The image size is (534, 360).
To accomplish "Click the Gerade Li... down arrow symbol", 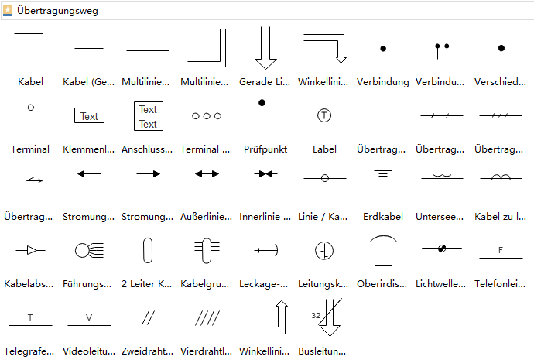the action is pyautogui.click(x=266, y=48).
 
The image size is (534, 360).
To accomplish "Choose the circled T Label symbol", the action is pyautogui.click(x=324, y=115).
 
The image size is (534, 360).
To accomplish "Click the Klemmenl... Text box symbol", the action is pyautogui.click(x=90, y=116).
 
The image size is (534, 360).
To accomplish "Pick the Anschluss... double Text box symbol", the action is pyautogui.click(x=148, y=116).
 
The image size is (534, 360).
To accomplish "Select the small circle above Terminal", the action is pyautogui.click(x=31, y=108).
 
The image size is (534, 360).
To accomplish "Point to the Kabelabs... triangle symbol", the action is pyautogui.click(x=30, y=250).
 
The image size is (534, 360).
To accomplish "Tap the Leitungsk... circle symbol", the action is pyautogui.click(x=324, y=250).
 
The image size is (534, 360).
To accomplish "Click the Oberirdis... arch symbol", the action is pyautogui.click(x=383, y=250).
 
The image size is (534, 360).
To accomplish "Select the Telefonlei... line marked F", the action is pyautogui.click(x=501, y=252).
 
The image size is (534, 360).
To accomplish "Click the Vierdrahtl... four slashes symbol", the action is pyautogui.click(x=207, y=317).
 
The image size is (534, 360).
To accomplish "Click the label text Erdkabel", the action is pyautogui.click(x=383, y=217).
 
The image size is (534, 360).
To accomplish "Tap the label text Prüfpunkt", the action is pyautogui.click(x=265, y=149).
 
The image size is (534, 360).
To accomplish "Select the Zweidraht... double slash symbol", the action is pyautogui.click(x=148, y=317).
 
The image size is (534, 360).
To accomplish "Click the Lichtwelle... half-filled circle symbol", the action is pyautogui.click(x=442, y=249).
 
